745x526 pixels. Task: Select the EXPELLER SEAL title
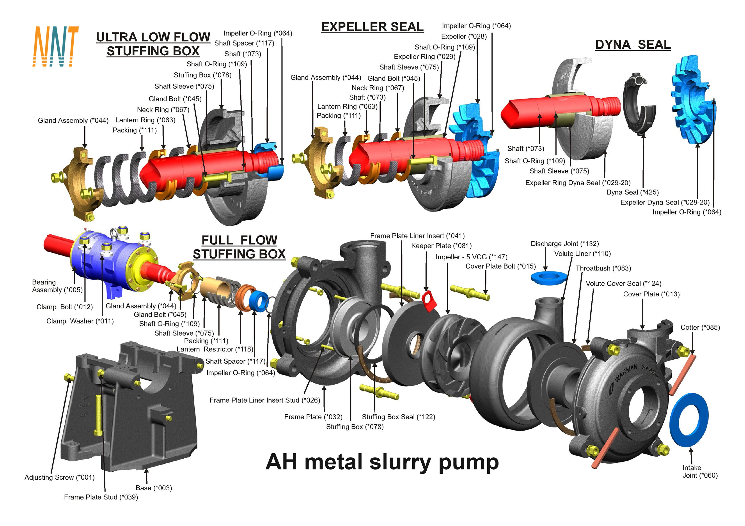pos(372,27)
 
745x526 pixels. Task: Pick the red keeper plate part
pos(429,301)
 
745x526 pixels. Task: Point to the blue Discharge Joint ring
pos(549,278)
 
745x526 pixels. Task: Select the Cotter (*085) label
pos(700,327)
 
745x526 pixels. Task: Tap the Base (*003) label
pos(154,488)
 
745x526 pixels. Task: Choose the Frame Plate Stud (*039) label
pos(101,497)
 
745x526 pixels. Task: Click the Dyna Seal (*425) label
pos(632,192)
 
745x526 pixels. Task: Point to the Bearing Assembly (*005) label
pos(57,286)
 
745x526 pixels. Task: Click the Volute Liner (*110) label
pos(582,254)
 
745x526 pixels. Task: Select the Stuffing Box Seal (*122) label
pos(398,417)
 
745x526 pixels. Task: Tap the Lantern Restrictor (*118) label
pos(215,349)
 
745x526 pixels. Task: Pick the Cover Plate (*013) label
pos(651,294)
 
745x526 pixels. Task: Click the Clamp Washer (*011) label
pos(80,321)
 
